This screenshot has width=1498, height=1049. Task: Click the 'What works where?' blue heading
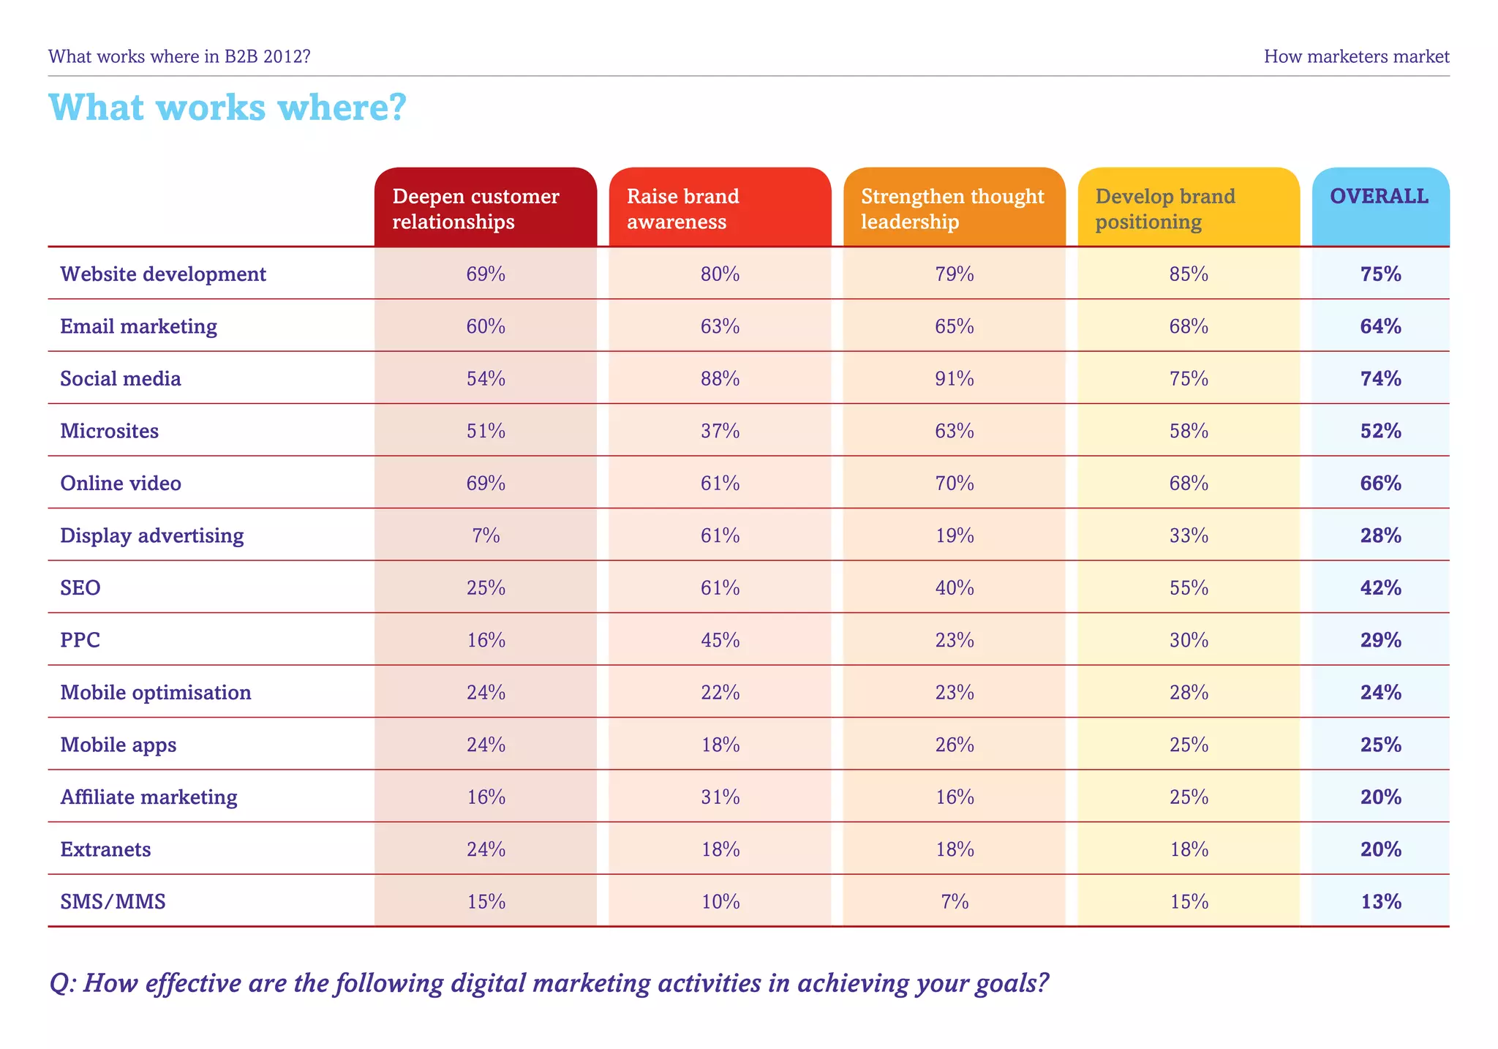[x=227, y=108]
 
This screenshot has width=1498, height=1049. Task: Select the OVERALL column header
[x=1379, y=196]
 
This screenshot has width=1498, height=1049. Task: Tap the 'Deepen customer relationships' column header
[x=475, y=208]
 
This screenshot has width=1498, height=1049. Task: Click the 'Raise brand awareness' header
[x=682, y=208]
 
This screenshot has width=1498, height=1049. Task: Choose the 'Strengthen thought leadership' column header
[x=952, y=208]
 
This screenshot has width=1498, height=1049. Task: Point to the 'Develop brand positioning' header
[x=1164, y=208]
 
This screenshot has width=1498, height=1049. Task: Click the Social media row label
[x=121, y=378]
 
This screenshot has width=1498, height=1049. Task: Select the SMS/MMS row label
[x=113, y=901]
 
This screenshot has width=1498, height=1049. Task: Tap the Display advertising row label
[x=152, y=535]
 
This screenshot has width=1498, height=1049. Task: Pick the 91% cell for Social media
[x=955, y=378]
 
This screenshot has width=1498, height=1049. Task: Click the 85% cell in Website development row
[x=1189, y=274]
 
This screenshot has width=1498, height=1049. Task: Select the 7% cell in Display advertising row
[x=486, y=535]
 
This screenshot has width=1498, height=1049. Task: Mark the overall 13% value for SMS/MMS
[x=1381, y=901]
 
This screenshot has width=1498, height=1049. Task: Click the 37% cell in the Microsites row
[x=720, y=431]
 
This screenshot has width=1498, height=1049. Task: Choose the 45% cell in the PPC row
[x=720, y=640]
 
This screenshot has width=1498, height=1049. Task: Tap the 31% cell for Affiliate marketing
[x=720, y=797]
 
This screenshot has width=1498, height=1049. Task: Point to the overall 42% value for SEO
[x=1381, y=588]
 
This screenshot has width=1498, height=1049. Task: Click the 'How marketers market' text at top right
[x=1356, y=56]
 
